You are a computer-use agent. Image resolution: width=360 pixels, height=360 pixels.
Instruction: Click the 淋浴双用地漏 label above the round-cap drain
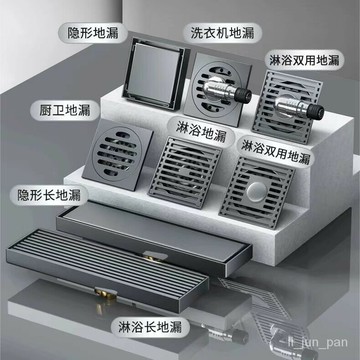[289, 157]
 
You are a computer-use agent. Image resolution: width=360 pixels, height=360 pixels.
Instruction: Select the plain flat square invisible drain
[153, 77]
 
